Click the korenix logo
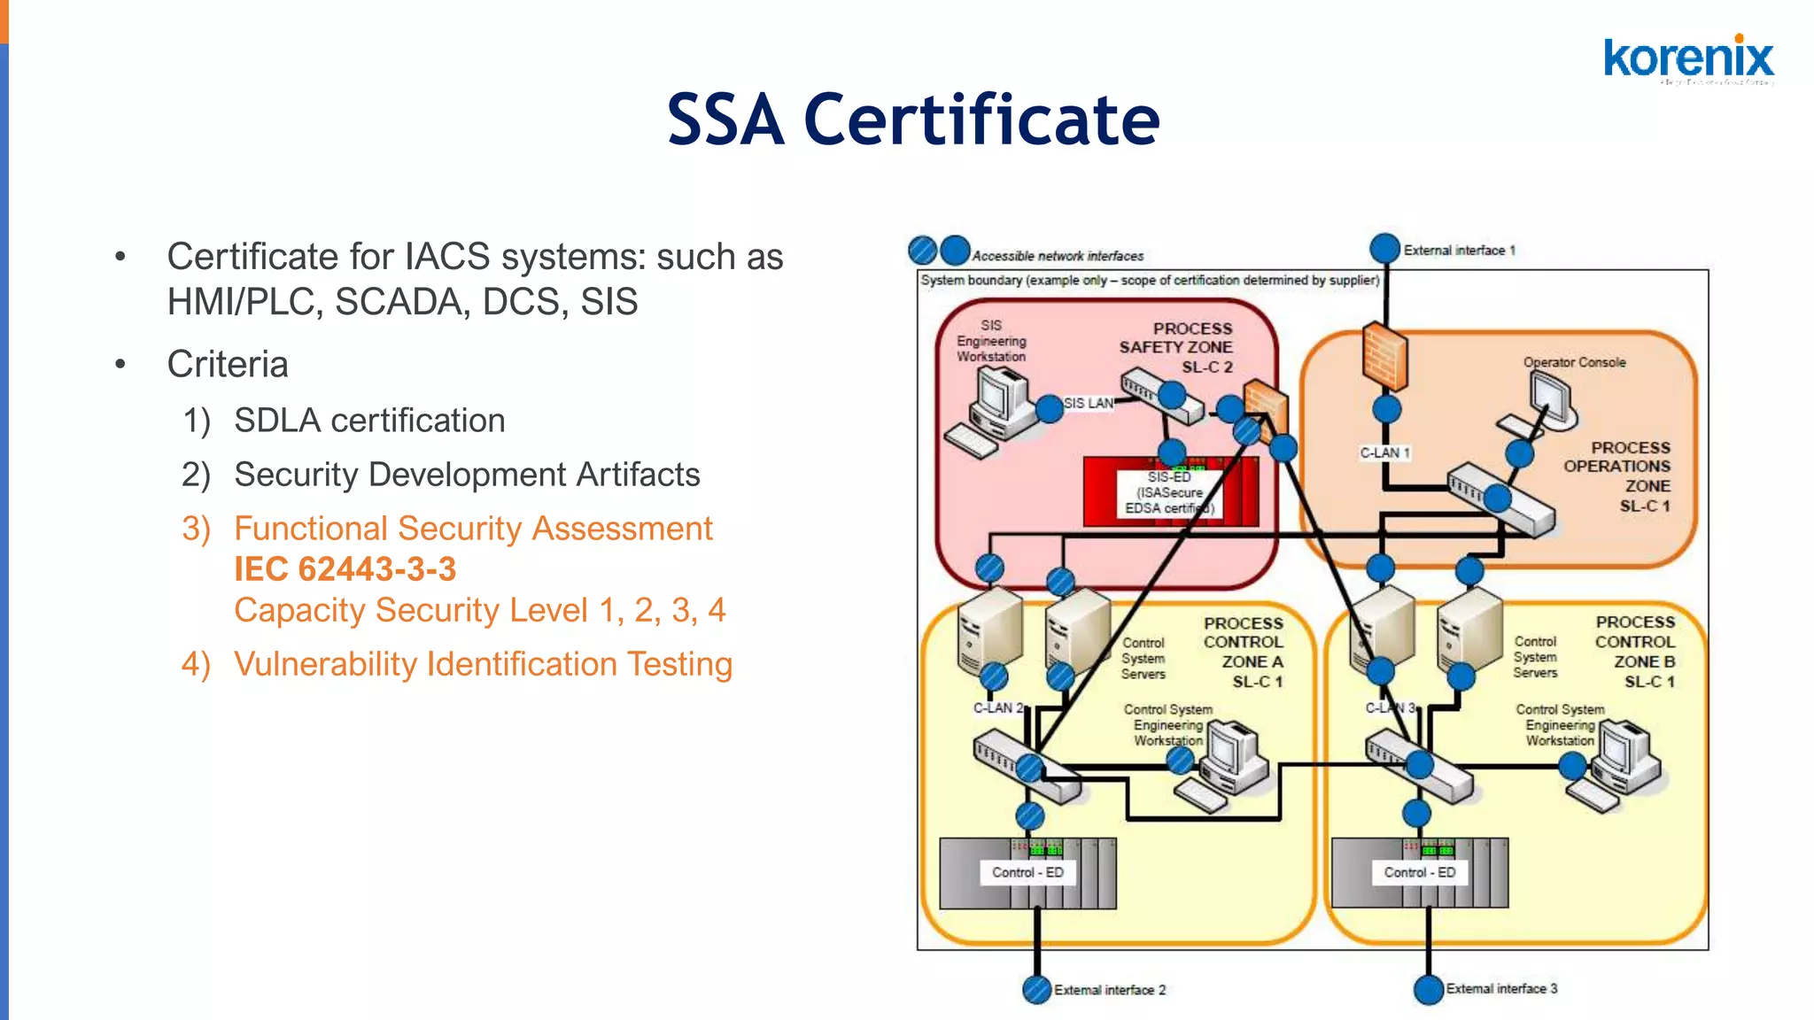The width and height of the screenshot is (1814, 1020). click(x=1688, y=59)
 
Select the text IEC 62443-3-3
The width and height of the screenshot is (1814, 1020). click(x=345, y=569)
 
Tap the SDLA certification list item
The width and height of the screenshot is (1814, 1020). click(x=369, y=421)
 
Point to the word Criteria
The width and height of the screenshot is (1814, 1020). click(x=228, y=365)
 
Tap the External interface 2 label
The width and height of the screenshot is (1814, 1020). click(x=1109, y=990)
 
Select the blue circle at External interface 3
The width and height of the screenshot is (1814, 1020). click(x=1428, y=989)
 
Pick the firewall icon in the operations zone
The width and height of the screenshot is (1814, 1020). click(x=1384, y=356)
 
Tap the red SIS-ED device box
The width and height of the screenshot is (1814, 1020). click(x=1169, y=492)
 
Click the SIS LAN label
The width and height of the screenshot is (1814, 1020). click(x=1088, y=403)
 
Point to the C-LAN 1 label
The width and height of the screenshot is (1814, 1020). click(x=1384, y=452)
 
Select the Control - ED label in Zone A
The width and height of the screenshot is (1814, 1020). click(x=1027, y=872)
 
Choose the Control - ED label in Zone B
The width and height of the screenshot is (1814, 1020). click(x=1419, y=872)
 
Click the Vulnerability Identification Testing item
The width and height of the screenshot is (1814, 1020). click(x=483, y=664)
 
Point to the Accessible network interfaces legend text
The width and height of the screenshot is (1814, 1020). click(x=1058, y=256)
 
